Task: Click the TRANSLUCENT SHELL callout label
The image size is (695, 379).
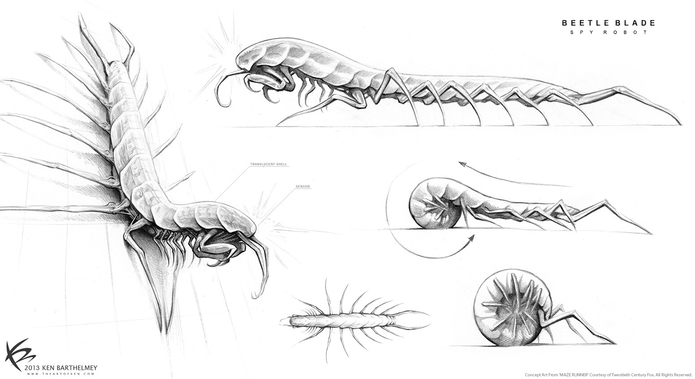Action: [x=269, y=164]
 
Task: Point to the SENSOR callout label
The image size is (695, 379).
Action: [x=303, y=187]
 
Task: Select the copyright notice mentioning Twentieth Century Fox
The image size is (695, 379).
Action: [x=608, y=375]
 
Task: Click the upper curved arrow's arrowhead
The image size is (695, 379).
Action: [x=462, y=164]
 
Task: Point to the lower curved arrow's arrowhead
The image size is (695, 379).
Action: [x=471, y=238]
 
